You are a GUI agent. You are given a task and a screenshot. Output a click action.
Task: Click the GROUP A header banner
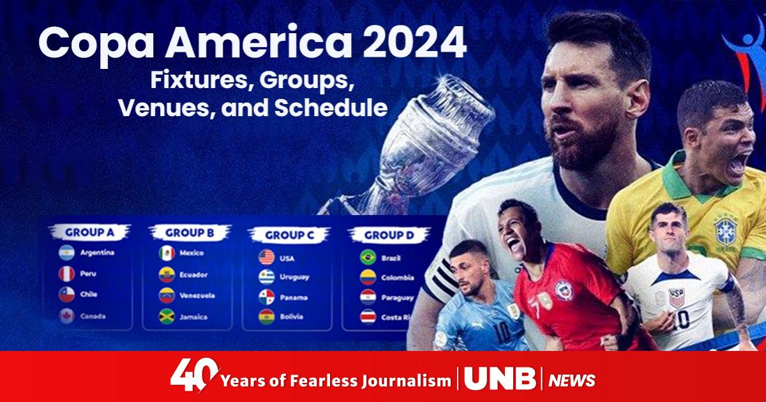point(89,232)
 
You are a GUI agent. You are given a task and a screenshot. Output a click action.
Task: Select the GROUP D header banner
point(389,235)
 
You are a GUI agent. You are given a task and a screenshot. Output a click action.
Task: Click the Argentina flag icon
point(66,253)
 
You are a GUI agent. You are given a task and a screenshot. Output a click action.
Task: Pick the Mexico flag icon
point(167,253)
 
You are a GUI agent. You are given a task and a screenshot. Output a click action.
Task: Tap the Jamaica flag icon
point(167,316)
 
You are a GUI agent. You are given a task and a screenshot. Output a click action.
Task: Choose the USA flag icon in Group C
point(266,258)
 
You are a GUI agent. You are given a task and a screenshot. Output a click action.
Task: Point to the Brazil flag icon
point(367,257)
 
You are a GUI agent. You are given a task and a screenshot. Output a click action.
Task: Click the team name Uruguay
point(294,278)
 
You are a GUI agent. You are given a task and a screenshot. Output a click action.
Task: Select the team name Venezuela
point(197,296)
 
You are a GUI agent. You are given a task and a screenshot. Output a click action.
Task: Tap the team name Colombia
point(398,278)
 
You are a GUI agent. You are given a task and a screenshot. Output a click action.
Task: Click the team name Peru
point(87,274)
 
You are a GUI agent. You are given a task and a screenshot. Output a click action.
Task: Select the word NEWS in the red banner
point(571,381)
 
